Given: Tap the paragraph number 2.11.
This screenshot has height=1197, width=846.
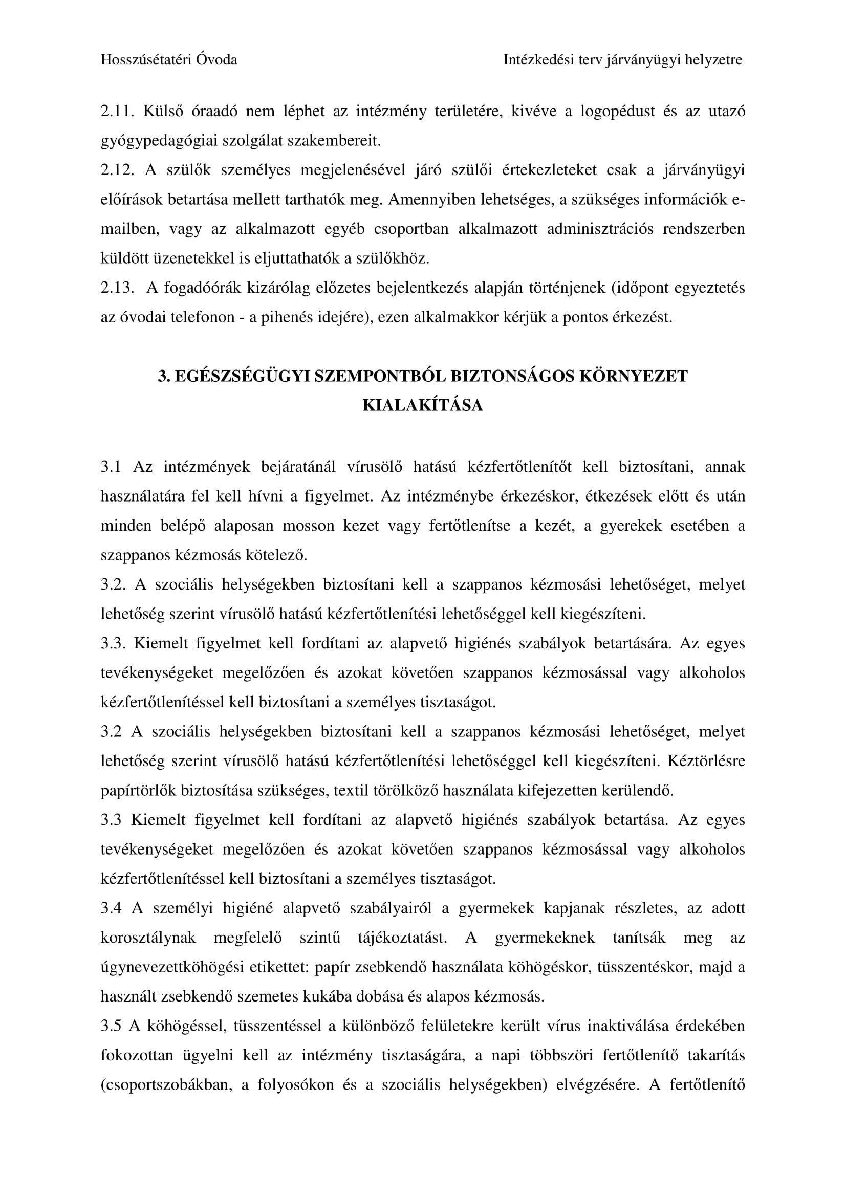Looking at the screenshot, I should (x=116, y=112).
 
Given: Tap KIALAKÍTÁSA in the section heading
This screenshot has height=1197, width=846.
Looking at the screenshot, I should (x=423, y=406).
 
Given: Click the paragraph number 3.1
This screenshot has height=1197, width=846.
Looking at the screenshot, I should (x=111, y=467).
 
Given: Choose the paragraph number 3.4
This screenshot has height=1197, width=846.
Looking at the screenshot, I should (x=111, y=908).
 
